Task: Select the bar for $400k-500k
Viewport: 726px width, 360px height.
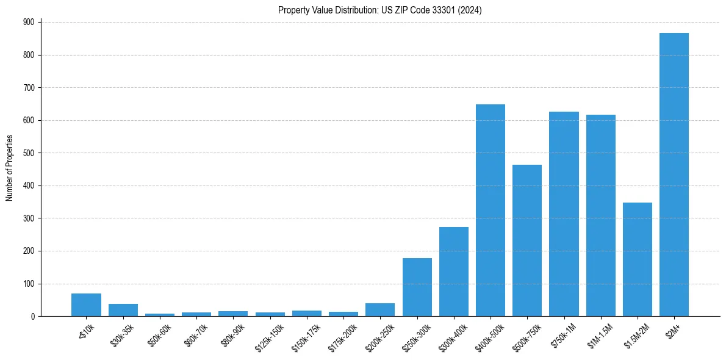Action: pos(491,211)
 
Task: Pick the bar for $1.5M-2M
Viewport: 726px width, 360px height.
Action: pos(638,259)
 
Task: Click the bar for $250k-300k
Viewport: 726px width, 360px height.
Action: pos(417,287)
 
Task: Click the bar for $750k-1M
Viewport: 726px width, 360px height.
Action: pos(564,214)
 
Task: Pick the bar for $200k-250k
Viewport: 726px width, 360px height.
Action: pos(380,310)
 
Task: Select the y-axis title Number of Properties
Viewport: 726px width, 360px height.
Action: pos(10,168)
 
